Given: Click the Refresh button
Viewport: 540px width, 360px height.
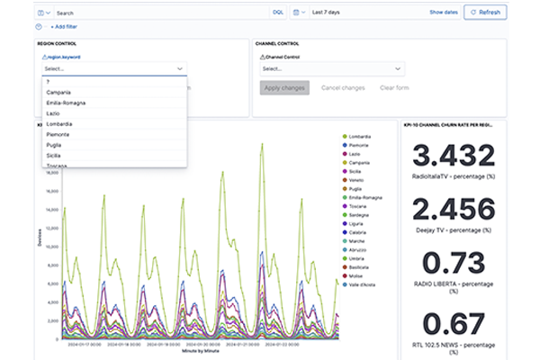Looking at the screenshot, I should point(486,13).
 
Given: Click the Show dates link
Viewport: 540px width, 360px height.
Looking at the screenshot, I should point(443,13).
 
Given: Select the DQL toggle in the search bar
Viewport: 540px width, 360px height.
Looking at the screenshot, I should point(277,13).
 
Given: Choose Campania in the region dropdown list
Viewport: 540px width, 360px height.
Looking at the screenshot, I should point(59,92).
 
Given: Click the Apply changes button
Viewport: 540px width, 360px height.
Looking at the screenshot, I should point(284,87).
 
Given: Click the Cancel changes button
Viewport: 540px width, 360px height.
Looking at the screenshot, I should point(343,87).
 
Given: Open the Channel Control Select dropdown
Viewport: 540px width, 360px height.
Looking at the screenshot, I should point(330,68).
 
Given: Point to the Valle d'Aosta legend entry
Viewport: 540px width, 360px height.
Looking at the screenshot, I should point(368,284).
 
